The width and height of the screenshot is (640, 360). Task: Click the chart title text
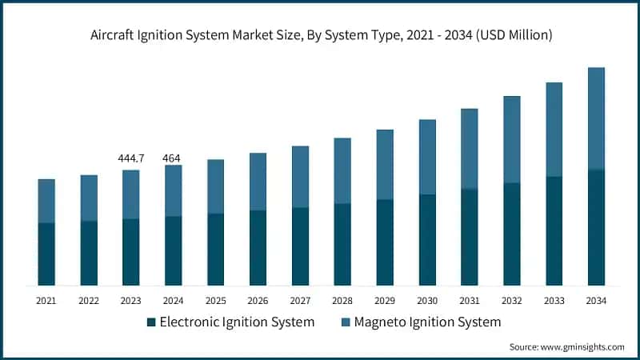[x=320, y=35]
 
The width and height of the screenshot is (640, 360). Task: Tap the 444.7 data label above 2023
[x=130, y=158]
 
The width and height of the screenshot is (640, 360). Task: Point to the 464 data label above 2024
[x=172, y=158]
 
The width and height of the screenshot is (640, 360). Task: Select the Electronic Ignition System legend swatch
[x=151, y=322]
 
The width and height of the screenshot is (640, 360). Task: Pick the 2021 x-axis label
[x=46, y=301]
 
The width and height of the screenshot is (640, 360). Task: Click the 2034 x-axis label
[x=596, y=301]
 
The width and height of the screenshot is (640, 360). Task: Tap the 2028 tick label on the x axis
[x=342, y=301]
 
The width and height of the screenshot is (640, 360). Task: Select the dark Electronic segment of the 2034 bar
[x=596, y=228]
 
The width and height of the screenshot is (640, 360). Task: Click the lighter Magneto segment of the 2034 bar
[x=596, y=118]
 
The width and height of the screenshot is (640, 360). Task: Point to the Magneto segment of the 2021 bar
[x=46, y=201]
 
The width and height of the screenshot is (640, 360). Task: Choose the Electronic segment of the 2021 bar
[x=46, y=254]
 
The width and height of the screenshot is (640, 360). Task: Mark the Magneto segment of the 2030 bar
[x=427, y=157]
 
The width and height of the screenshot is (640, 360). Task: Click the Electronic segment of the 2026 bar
[x=258, y=248]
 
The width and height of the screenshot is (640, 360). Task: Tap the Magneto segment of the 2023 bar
[x=130, y=194]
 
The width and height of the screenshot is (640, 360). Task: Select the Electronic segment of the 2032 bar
[x=511, y=234]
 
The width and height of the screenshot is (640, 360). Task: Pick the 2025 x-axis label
[x=215, y=301]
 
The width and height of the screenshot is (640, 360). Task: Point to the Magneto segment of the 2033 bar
[x=554, y=130]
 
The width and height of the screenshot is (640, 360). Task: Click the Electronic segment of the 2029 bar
[x=385, y=242]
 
